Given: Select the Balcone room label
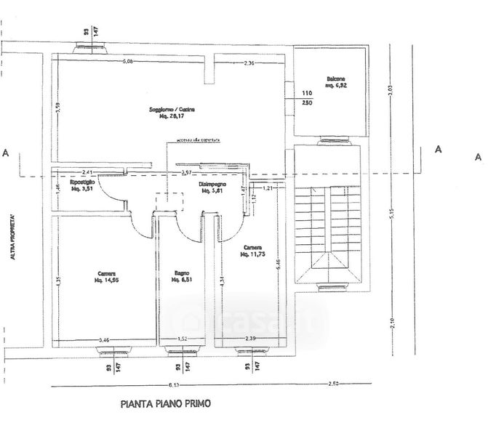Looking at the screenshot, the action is (x=335, y=82).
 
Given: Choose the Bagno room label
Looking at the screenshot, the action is (x=182, y=276).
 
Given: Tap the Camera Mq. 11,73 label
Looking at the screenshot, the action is (x=253, y=251).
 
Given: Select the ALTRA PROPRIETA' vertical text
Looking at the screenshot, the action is (x=12, y=236).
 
